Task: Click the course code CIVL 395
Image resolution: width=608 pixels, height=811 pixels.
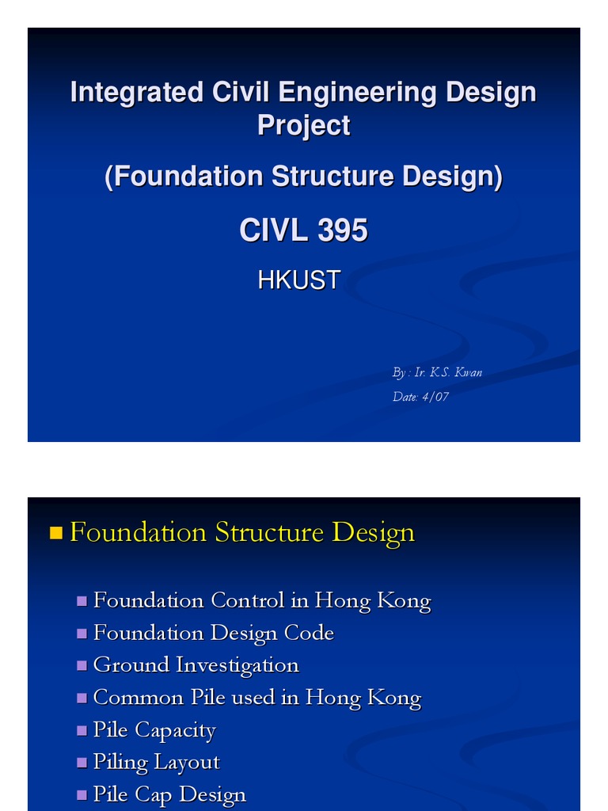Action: click(x=303, y=230)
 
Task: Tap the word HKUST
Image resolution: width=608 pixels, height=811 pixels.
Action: click(x=299, y=280)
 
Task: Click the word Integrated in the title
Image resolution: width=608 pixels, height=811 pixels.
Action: click(x=137, y=93)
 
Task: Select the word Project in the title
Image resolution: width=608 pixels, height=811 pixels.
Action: click(x=303, y=125)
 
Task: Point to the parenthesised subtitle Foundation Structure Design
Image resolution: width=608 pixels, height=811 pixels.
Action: click(x=303, y=177)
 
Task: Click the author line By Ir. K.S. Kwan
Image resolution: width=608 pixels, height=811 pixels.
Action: click(x=437, y=372)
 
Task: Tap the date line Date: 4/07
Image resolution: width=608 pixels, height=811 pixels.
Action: click(x=420, y=397)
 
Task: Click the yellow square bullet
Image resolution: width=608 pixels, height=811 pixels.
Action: click(x=55, y=533)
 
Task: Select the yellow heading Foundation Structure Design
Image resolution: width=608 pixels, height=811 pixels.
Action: click(x=241, y=532)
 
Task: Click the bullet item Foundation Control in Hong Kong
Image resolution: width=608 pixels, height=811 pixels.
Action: click(x=261, y=600)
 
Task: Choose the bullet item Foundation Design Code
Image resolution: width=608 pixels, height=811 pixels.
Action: click(x=213, y=633)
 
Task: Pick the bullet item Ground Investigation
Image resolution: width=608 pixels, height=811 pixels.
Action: click(x=196, y=664)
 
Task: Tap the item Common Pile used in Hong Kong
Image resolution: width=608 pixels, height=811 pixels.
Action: click(x=256, y=698)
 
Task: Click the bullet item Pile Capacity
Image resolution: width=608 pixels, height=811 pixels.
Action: click(x=154, y=729)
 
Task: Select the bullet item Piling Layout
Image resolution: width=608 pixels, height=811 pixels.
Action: click(x=156, y=762)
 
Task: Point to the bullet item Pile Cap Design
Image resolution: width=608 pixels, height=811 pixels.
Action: click(x=169, y=794)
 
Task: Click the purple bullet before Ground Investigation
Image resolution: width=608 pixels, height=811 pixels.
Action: click(x=82, y=665)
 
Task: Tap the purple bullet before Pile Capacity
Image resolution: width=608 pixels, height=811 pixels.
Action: click(x=82, y=730)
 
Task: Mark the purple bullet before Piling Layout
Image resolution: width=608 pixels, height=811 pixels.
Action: click(x=82, y=763)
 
